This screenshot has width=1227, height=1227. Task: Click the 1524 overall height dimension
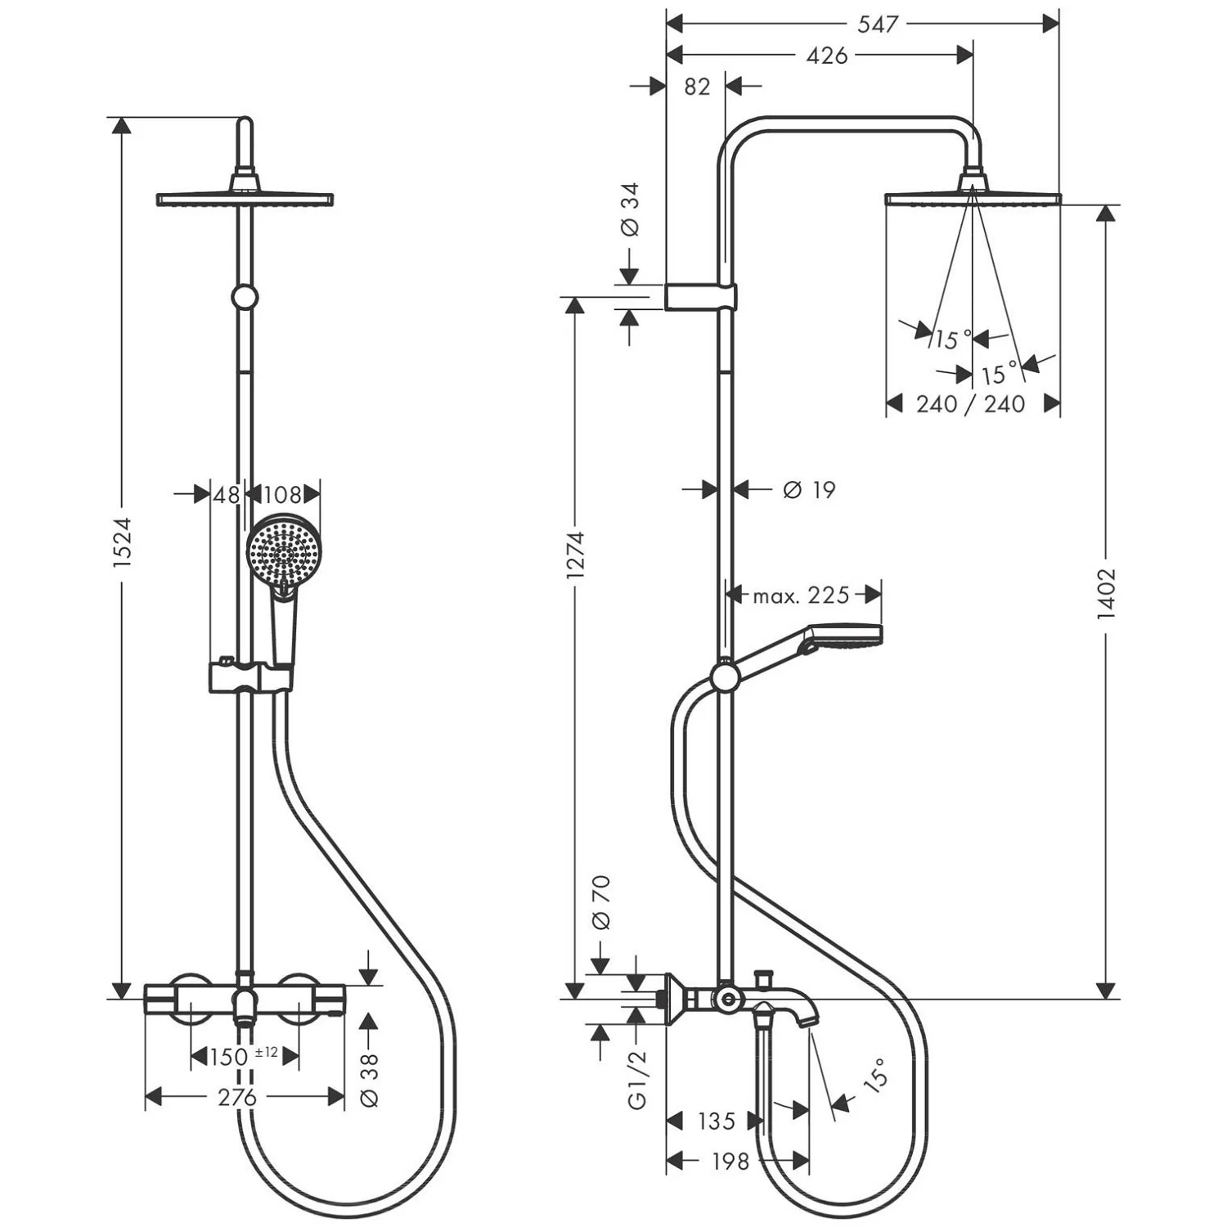[122, 542]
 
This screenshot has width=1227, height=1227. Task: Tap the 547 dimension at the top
[877, 24]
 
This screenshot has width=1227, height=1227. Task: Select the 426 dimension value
[826, 55]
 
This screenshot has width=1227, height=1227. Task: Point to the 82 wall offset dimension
[696, 85]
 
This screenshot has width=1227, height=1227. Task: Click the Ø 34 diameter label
[630, 209]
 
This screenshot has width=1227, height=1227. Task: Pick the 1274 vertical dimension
[575, 555]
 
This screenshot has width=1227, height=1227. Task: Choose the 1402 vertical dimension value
[1106, 593]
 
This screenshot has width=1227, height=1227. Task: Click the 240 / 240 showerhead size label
[970, 403]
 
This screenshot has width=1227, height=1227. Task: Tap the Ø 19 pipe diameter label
[808, 489]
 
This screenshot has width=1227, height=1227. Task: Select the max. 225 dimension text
[801, 595]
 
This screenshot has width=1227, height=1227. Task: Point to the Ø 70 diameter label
[600, 902]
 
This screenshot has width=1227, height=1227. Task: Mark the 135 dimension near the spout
[716, 1121]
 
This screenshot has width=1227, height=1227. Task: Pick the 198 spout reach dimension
[730, 1161]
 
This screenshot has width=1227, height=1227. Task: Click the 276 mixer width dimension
[237, 1097]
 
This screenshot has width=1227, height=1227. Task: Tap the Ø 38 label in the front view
[370, 1080]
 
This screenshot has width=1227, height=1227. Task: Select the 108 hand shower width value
[282, 494]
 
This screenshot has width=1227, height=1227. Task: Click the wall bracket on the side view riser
[700, 297]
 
